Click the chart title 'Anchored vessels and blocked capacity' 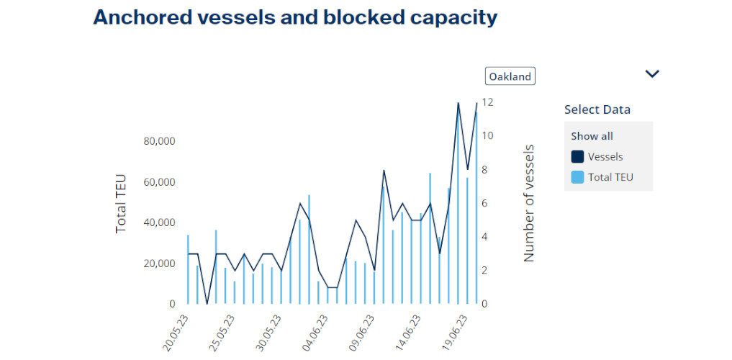[x=295, y=17]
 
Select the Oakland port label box [x=510, y=76]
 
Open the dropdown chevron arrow [x=652, y=73]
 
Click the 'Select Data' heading [x=597, y=109]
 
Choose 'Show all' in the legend [x=592, y=136]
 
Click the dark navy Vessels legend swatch [x=577, y=157]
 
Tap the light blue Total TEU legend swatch [x=577, y=177]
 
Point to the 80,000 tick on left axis [x=159, y=141]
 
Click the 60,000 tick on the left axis [x=159, y=182]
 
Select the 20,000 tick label [x=159, y=264]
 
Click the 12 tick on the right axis [x=487, y=102]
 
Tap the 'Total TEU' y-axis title [x=121, y=202]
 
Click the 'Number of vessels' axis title [x=529, y=202]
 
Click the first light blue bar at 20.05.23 [x=188, y=269]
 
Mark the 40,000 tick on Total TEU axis [x=159, y=222]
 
